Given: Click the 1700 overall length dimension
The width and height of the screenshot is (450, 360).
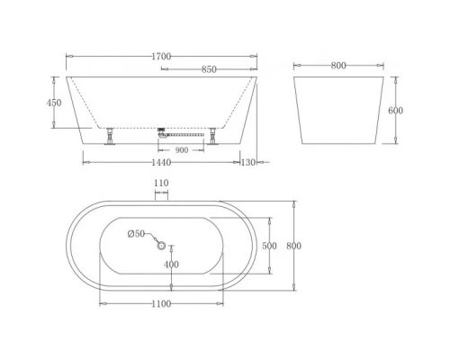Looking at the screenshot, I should [161, 56].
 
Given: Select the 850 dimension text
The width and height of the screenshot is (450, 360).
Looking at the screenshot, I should [209, 68].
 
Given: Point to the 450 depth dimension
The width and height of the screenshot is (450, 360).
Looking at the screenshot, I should [54, 103].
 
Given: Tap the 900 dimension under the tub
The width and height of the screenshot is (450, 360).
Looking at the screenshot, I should [181, 149].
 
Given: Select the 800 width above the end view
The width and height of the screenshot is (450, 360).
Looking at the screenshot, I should [338, 65].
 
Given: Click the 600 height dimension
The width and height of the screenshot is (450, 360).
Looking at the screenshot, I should [395, 111].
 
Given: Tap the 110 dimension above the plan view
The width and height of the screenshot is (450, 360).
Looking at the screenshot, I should [161, 183].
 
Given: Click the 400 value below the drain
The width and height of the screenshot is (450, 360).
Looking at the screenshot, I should [171, 265].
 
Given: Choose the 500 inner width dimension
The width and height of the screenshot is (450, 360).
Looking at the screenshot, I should [269, 245].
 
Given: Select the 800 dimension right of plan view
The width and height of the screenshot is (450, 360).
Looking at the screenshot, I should [292, 246].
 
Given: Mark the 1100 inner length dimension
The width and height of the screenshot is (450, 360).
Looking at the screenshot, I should [161, 303].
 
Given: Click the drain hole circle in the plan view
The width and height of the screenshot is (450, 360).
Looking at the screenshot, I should [162, 245].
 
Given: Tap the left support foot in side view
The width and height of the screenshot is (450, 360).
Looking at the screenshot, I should [110, 136].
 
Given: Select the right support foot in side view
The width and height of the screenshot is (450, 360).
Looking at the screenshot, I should [213, 136].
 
